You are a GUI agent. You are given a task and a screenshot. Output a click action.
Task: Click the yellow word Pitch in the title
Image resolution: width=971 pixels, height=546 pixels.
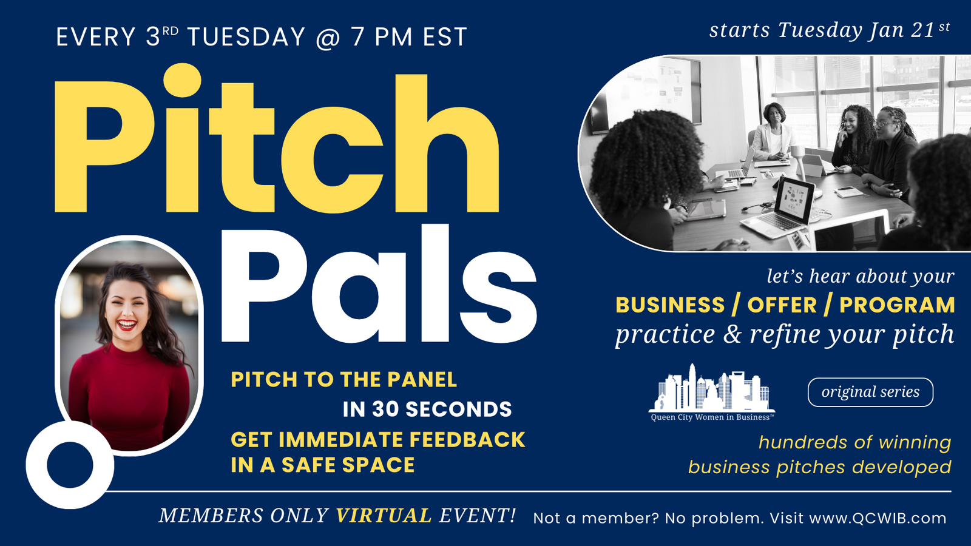277,139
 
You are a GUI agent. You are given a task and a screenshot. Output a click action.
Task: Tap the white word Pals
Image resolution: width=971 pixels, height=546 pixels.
379,284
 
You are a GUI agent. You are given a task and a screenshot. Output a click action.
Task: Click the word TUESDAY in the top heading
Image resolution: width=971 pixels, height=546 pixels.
246,36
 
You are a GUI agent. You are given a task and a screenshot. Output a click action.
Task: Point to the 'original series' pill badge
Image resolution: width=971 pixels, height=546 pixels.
870,392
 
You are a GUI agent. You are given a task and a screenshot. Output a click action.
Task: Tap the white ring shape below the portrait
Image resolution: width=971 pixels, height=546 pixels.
70,465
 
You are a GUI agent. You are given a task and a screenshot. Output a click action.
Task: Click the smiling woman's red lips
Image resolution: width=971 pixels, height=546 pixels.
127,325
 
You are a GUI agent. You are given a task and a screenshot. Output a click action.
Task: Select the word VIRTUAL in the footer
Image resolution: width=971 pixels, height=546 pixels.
384,516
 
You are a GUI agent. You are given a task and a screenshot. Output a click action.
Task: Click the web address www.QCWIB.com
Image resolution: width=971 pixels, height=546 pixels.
878,518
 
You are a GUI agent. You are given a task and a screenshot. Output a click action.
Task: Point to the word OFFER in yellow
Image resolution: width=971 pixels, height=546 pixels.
782,305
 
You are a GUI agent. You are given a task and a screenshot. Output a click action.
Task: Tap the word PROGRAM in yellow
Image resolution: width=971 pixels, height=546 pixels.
898,305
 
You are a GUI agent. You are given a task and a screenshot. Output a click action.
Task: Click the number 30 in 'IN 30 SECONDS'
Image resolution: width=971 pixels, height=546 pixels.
385,409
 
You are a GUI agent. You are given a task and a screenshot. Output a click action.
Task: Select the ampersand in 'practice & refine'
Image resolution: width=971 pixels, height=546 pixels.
732,334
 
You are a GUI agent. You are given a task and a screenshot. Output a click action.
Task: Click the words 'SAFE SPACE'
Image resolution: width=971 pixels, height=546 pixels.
348,465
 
